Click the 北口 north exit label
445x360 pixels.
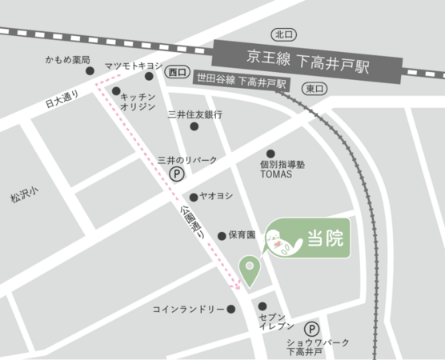pos(283,34)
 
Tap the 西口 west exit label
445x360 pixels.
pos(178,72)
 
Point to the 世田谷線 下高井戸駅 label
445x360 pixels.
pos(240,83)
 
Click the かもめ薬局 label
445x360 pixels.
pos(69,61)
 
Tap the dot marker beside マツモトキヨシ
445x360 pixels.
pos(149,77)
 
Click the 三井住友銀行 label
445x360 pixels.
pos(195,114)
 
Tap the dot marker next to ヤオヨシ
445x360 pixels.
pos(193,197)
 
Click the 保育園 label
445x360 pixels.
pos(240,235)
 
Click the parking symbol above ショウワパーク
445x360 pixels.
pos(311,326)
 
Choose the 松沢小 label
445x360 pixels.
pos(14,195)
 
